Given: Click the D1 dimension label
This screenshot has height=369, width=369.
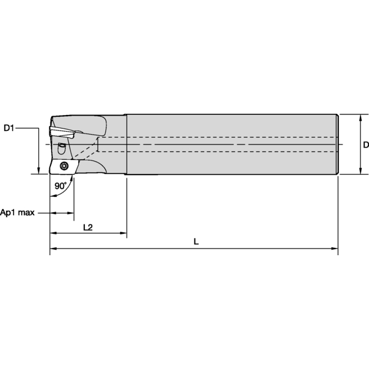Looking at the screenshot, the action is pyautogui.click(x=9, y=129).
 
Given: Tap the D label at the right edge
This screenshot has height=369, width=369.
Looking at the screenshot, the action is pyautogui.click(x=366, y=145).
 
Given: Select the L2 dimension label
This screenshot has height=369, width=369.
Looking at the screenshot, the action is pyautogui.click(x=88, y=228).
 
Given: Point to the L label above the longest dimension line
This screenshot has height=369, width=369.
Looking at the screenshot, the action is pyautogui.click(x=196, y=242).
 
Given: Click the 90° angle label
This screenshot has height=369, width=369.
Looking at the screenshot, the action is pyautogui.click(x=61, y=186).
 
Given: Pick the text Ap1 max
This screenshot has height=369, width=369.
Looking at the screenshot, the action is pyautogui.click(x=17, y=213).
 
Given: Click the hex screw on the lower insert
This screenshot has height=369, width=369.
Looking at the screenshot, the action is pyautogui.click(x=64, y=166).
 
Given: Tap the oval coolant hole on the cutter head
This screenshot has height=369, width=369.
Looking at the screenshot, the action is pyautogui.click(x=61, y=148).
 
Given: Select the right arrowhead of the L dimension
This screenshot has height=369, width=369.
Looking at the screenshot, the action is pyautogui.click(x=335, y=248).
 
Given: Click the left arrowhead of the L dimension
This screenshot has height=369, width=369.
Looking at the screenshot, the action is pyautogui.click(x=53, y=248).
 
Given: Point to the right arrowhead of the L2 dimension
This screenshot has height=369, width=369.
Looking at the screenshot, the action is pyautogui.click(x=124, y=233).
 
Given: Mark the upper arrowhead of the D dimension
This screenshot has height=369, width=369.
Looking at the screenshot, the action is pyautogui.click(x=360, y=118).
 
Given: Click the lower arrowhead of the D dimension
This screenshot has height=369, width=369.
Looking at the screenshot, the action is pyautogui.click(x=360, y=171).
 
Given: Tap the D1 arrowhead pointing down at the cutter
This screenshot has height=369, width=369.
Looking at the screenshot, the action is pyautogui.click(x=39, y=171).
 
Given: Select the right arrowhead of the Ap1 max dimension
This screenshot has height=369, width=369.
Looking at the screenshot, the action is pyautogui.click(x=71, y=213).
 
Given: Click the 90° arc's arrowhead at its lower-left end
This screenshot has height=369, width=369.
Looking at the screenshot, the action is pyautogui.click(x=54, y=196).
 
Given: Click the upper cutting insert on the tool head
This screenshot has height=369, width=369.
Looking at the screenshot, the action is pyautogui.click(x=62, y=133).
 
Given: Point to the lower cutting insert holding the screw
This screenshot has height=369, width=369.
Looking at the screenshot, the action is pyautogui.click(x=64, y=167).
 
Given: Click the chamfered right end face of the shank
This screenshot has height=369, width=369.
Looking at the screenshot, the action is pyautogui.click(x=338, y=145).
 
